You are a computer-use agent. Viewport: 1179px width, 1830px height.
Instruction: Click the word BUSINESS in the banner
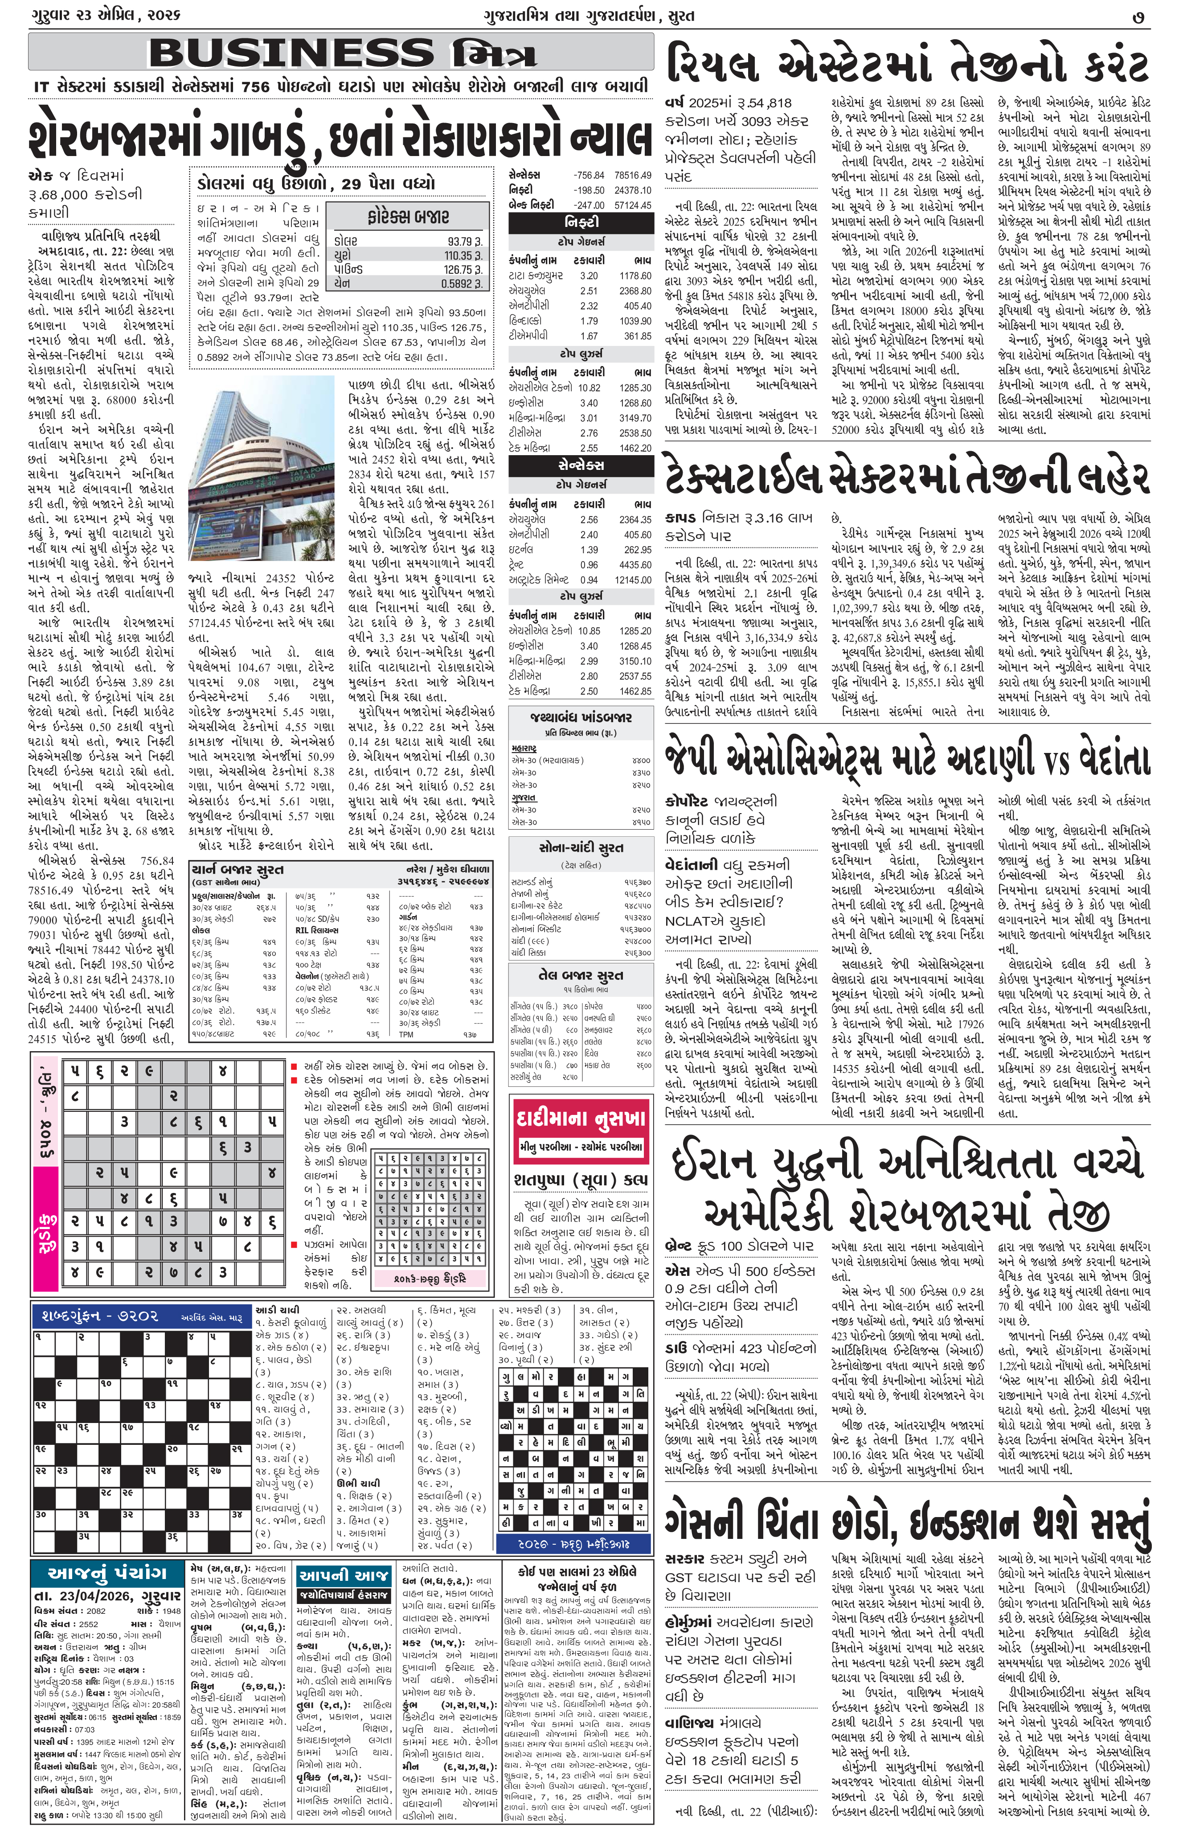pos(291,53)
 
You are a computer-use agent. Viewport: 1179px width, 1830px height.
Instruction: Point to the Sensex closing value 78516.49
pos(632,175)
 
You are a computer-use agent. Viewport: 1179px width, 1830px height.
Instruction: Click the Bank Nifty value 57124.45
pos(632,206)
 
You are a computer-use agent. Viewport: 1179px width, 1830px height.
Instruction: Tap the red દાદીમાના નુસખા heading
pos(580,1119)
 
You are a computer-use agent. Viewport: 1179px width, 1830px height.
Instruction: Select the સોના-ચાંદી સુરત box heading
pos(580,847)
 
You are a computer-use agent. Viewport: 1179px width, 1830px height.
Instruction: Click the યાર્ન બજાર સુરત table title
pos(237,869)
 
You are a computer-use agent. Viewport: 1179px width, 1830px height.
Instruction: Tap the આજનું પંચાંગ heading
pos(107,1573)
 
